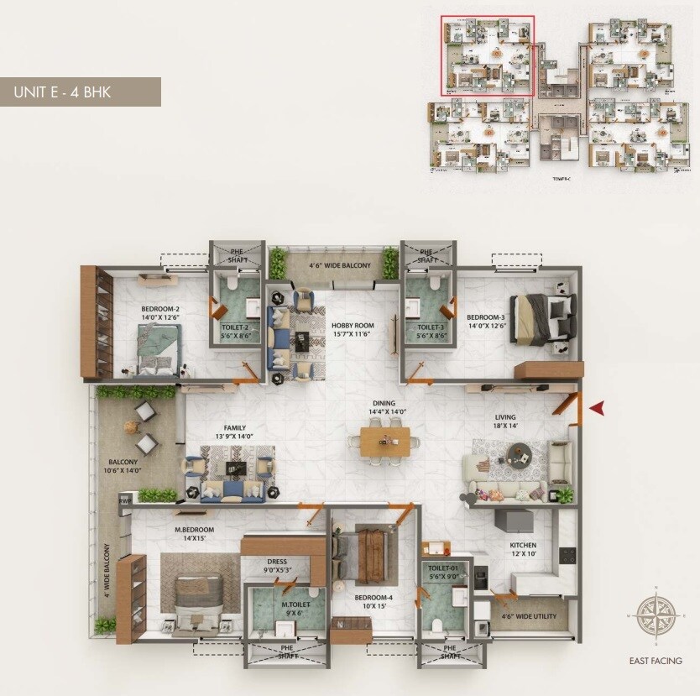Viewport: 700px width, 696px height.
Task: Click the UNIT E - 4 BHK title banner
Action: pyautogui.click(x=80, y=92)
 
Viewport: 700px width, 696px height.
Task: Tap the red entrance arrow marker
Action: pyautogui.click(x=597, y=408)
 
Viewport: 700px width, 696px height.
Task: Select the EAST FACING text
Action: pyautogui.click(x=655, y=661)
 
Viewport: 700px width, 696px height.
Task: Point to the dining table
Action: pyautogui.click(x=386, y=441)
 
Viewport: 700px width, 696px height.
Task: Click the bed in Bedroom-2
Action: pyautogui.click(x=159, y=348)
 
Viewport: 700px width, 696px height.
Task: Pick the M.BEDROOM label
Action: pyautogui.click(x=194, y=534)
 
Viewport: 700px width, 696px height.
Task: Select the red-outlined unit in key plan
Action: pyautogui.click(x=488, y=56)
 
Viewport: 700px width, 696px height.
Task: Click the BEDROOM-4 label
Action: pyautogui.click(x=372, y=601)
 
